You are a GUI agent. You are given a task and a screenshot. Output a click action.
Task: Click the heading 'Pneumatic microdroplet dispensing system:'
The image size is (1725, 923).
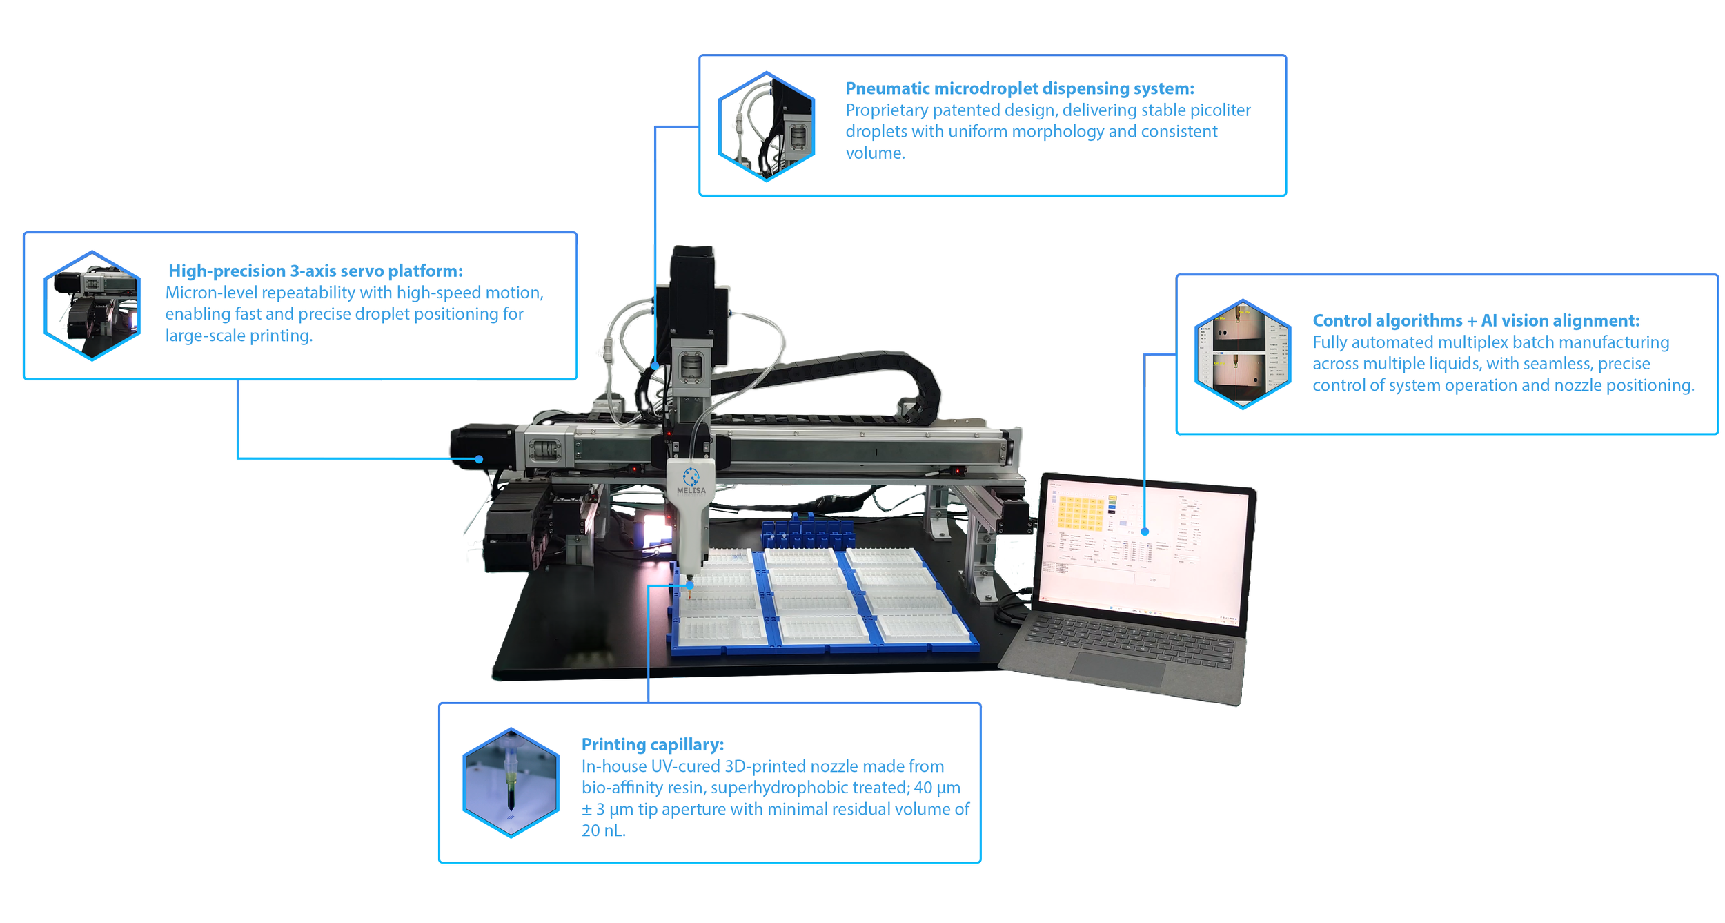1019,88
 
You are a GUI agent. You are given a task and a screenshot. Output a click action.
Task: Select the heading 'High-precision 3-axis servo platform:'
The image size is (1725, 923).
315,271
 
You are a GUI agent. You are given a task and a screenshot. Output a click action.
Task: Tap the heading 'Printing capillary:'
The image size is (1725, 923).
652,744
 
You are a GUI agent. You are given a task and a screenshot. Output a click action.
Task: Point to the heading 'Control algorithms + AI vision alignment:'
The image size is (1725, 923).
1475,320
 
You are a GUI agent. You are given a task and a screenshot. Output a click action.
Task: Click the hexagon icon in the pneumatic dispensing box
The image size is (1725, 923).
766,126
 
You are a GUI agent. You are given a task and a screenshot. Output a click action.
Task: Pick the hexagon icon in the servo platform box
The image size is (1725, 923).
92,305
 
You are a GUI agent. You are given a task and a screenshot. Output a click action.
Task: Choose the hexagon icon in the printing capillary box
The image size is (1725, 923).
511,782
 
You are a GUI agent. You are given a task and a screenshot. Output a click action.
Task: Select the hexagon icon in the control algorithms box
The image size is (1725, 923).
1242,354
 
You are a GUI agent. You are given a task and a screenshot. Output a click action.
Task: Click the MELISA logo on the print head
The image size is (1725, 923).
691,480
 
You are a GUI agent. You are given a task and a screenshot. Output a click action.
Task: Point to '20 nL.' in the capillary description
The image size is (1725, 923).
603,830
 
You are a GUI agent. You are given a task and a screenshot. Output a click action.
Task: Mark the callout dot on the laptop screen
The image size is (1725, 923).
1145,532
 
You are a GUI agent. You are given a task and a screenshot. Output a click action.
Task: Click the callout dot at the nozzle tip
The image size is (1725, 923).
689,586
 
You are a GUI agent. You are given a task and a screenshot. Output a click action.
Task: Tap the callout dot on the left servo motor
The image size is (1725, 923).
479,459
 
